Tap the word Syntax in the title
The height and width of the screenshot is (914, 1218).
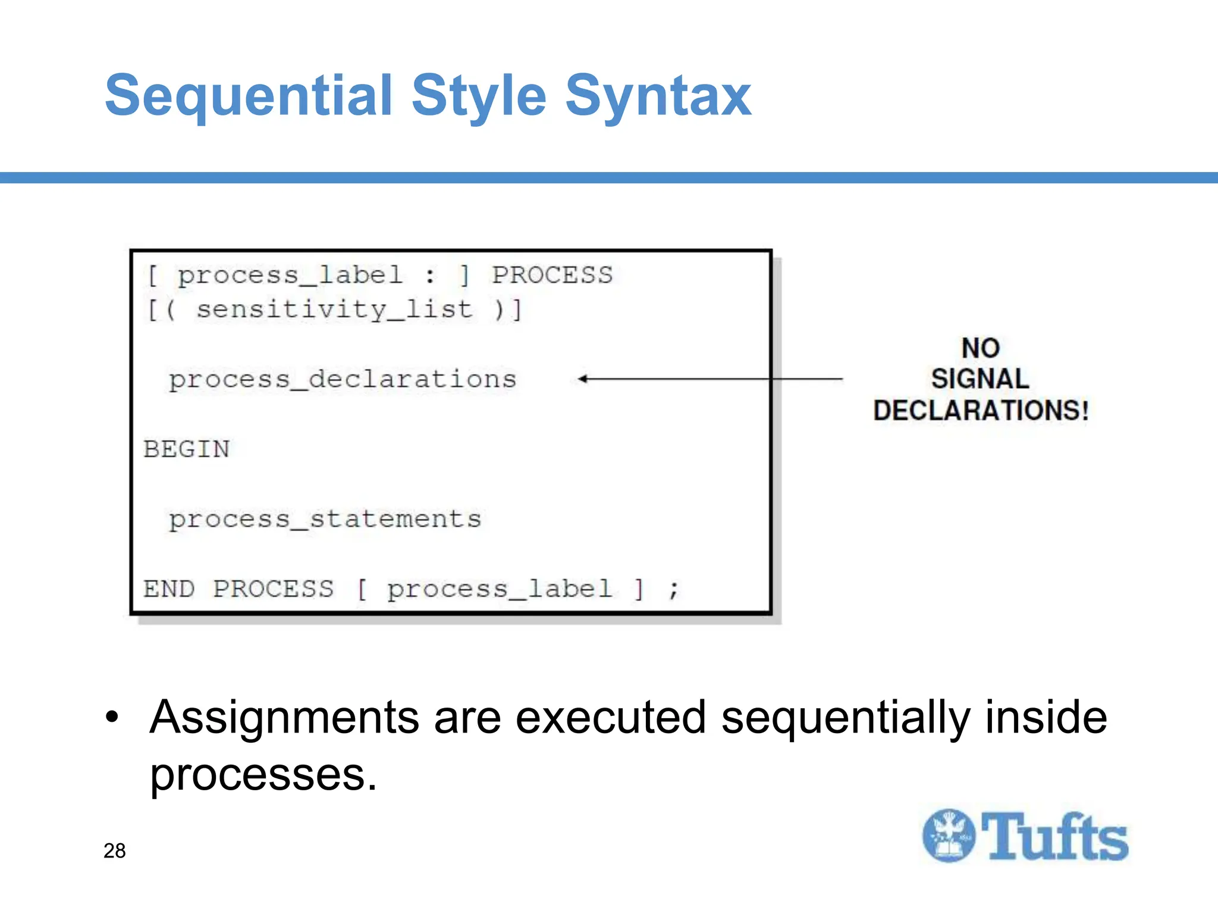(658, 96)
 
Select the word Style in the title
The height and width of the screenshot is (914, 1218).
(479, 96)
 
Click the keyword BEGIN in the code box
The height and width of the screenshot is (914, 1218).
(187, 449)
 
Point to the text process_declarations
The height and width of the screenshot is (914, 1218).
(343, 380)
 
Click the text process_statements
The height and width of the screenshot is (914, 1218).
(325, 519)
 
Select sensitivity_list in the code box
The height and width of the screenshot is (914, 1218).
(335, 310)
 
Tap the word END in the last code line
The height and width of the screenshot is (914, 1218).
(169, 589)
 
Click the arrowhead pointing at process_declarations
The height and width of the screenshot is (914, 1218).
(583, 378)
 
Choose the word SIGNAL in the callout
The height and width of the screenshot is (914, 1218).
(980, 379)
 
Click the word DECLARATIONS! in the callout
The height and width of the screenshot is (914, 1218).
(981, 411)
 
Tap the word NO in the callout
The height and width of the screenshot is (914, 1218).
(981, 348)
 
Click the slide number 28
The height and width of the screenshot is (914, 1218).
(115, 851)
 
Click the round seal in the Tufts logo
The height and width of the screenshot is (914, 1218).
(949, 835)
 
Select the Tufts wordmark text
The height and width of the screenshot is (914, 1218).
(1054, 837)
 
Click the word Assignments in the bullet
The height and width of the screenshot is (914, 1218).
(285, 718)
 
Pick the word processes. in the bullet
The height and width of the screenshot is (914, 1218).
(263, 775)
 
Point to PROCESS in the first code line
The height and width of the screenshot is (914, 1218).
(552, 276)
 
